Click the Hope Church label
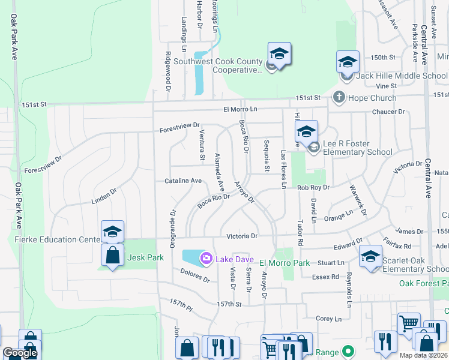pyautogui.click(x=373, y=98)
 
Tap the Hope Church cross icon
pyautogui.click(x=339, y=97)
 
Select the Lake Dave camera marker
pyautogui.click(x=206, y=258)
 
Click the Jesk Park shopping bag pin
pyautogui.click(x=113, y=255)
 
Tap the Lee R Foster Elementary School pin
pyautogui.click(x=306, y=132)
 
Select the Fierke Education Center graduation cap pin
pyautogui.click(x=113, y=232)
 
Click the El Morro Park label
pyautogui.click(x=285, y=263)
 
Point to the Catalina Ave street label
pyautogui.click(x=183, y=181)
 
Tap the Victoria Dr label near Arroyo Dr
pyautogui.click(x=241, y=236)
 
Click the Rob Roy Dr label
pyautogui.click(x=313, y=188)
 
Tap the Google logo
pyautogui.click(x=20, y=353)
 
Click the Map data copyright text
pyautogui.click(x=423, y=355)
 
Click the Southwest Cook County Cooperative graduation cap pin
pyautogui.click(x=279, y=54)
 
